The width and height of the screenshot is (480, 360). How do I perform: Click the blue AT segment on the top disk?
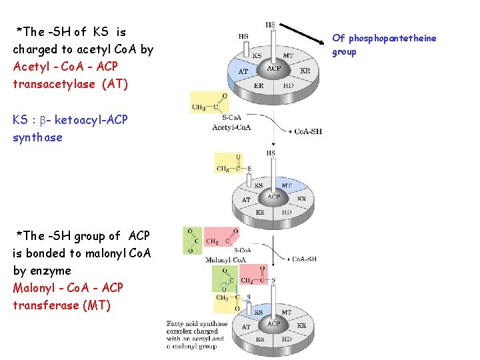(243, 71)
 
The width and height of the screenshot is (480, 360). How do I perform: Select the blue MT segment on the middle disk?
(287, 185)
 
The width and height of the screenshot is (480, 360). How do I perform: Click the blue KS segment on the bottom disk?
(258, 312)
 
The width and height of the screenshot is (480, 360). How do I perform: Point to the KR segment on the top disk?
(305, 71)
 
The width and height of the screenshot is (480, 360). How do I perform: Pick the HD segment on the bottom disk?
(287, 339)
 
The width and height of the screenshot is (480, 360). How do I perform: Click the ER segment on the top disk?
(259, 86)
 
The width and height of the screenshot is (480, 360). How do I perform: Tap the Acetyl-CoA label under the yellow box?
(231, 127)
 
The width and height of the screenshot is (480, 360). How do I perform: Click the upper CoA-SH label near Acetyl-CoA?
(307, 131)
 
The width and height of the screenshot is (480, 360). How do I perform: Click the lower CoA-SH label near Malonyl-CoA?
(303, 259)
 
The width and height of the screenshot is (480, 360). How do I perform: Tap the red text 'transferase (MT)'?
(61, 305)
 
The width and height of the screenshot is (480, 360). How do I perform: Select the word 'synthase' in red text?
(37, 137)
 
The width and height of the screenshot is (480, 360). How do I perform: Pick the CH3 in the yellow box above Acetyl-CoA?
(199, 107)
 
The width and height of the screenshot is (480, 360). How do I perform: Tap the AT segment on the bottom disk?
(246, 327)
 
